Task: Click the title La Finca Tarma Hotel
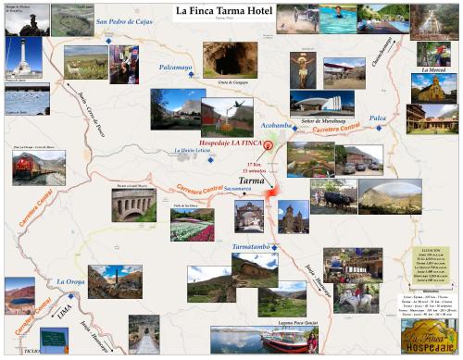point(231,11)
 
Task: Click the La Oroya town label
point(73,280)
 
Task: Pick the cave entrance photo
point(230,59)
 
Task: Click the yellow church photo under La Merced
point(433,88)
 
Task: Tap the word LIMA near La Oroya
point(64,314)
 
